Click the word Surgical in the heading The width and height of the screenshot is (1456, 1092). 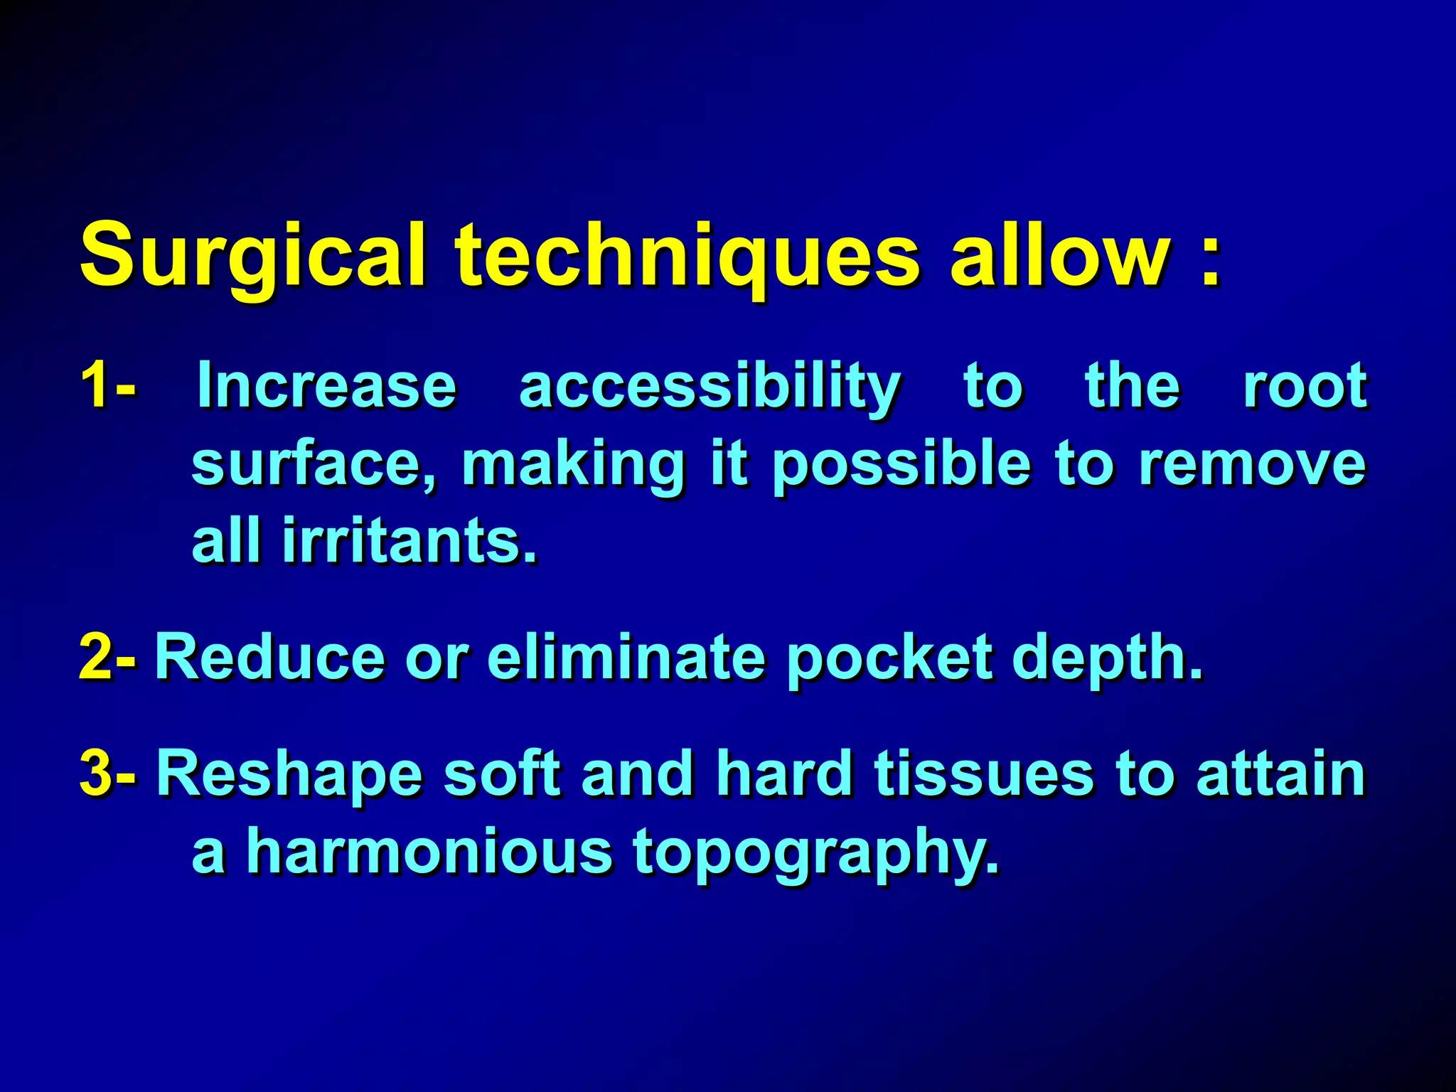(253, 255)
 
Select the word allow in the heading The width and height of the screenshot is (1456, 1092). (1059, 255)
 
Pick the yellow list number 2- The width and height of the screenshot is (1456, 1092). (107, 657)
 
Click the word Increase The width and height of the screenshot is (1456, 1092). (326, 385)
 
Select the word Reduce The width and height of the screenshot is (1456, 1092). (270, 657)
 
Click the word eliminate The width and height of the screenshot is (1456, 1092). (626, 657)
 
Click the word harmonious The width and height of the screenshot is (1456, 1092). (429, 852)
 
